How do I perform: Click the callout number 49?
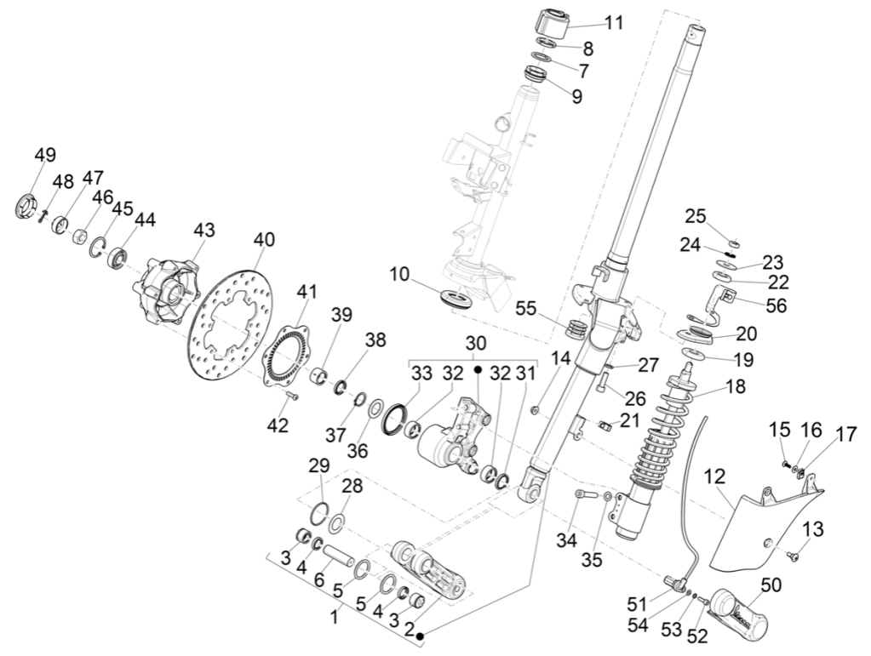44,155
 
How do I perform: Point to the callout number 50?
771,585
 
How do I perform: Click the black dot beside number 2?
420,635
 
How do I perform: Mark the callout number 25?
696,214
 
